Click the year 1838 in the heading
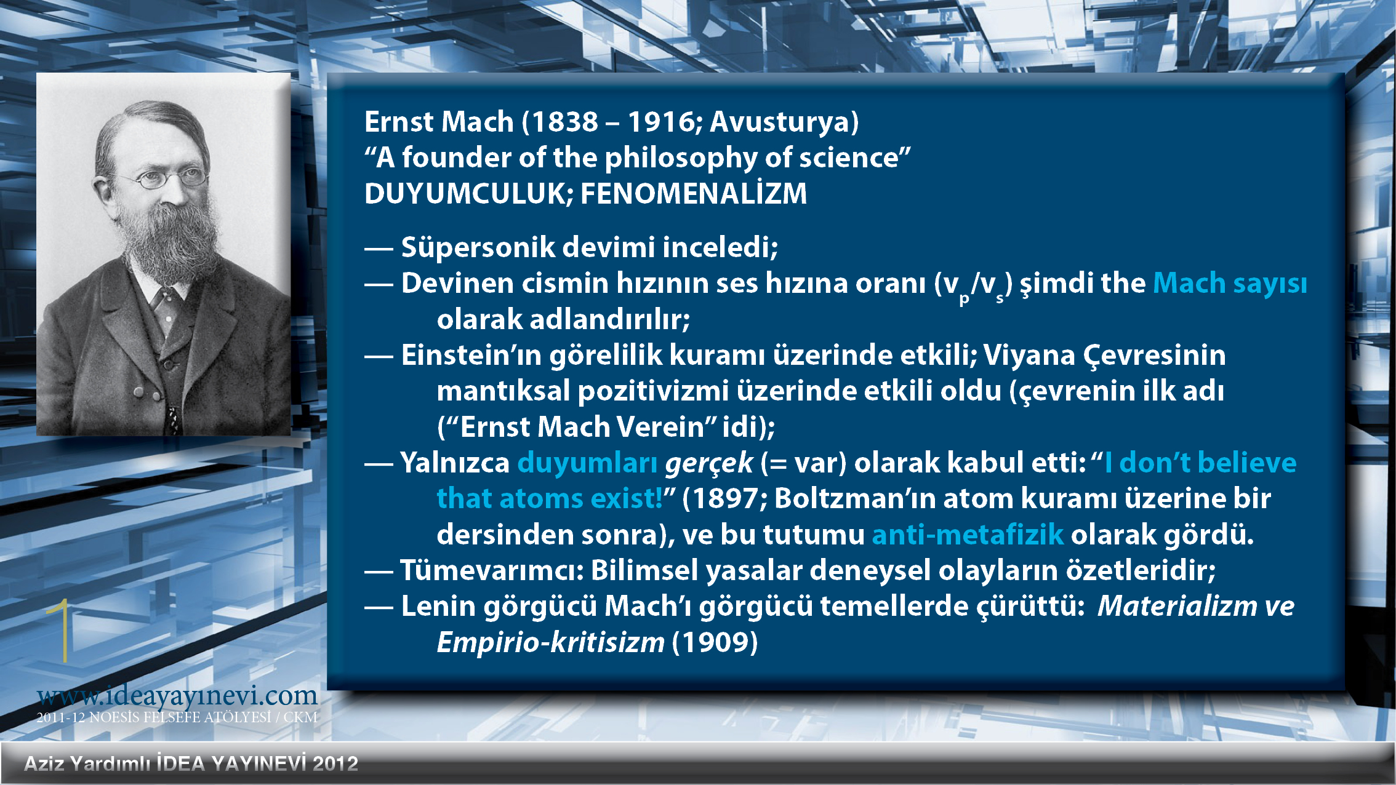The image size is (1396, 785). coord(565,122)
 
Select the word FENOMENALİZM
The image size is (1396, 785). coord(694,193)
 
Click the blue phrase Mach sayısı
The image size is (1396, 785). coord(1230,284)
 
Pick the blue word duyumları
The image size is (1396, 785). coord(587,463)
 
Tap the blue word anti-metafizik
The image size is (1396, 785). coord(968,535)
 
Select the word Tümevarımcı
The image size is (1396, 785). coord(491,570)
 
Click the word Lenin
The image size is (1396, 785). coord(439,607)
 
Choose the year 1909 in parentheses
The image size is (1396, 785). coord(715,643)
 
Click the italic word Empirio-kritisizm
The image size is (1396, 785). coord(551,643)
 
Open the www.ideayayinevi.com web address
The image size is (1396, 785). coord(177,696)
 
